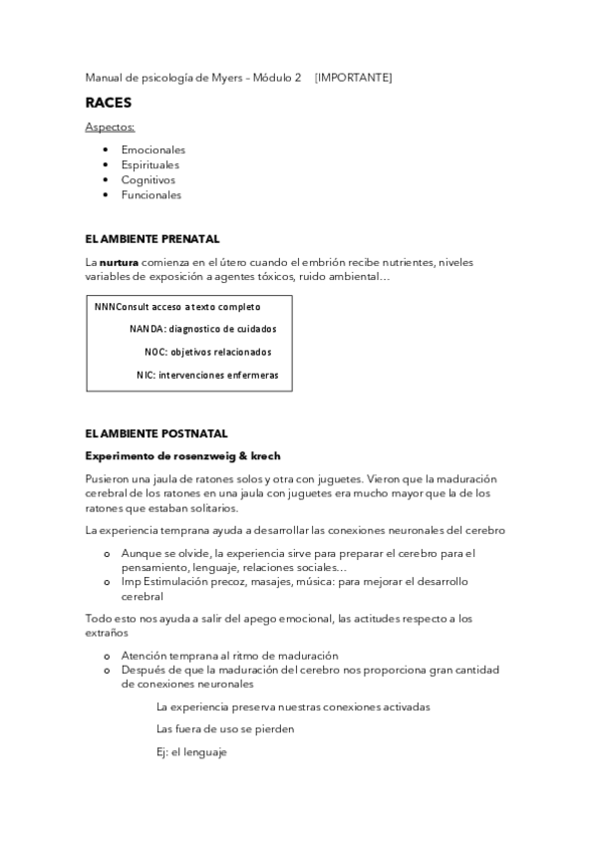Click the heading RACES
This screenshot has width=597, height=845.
[x=108, y=102]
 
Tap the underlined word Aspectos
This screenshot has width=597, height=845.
[x=110, y=128]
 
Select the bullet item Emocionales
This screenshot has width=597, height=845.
[x=153, y=149]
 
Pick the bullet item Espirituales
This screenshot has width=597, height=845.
[x=151, y=165]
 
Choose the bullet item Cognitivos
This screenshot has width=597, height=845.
[x=149, y=180]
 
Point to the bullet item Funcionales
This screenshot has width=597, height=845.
[x=151, y=195]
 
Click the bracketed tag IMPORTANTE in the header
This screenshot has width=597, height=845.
[x=353, y=77]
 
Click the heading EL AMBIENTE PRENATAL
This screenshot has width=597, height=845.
[x=152, y=239]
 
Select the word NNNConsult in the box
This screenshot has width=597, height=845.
[x=123, y=307]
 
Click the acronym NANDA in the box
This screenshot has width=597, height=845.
[x=146, y=329]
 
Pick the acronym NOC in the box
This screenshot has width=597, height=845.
[x=154, y=352]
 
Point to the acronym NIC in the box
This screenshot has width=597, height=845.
[x=145, y=376]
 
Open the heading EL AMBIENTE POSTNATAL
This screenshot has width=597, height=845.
[x=156, y=433]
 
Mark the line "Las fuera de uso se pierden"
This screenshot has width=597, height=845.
[x=225, y=729]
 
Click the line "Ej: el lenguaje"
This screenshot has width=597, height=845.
[x=192, y=752]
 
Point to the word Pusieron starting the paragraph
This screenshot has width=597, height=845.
[x=107, y=478]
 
